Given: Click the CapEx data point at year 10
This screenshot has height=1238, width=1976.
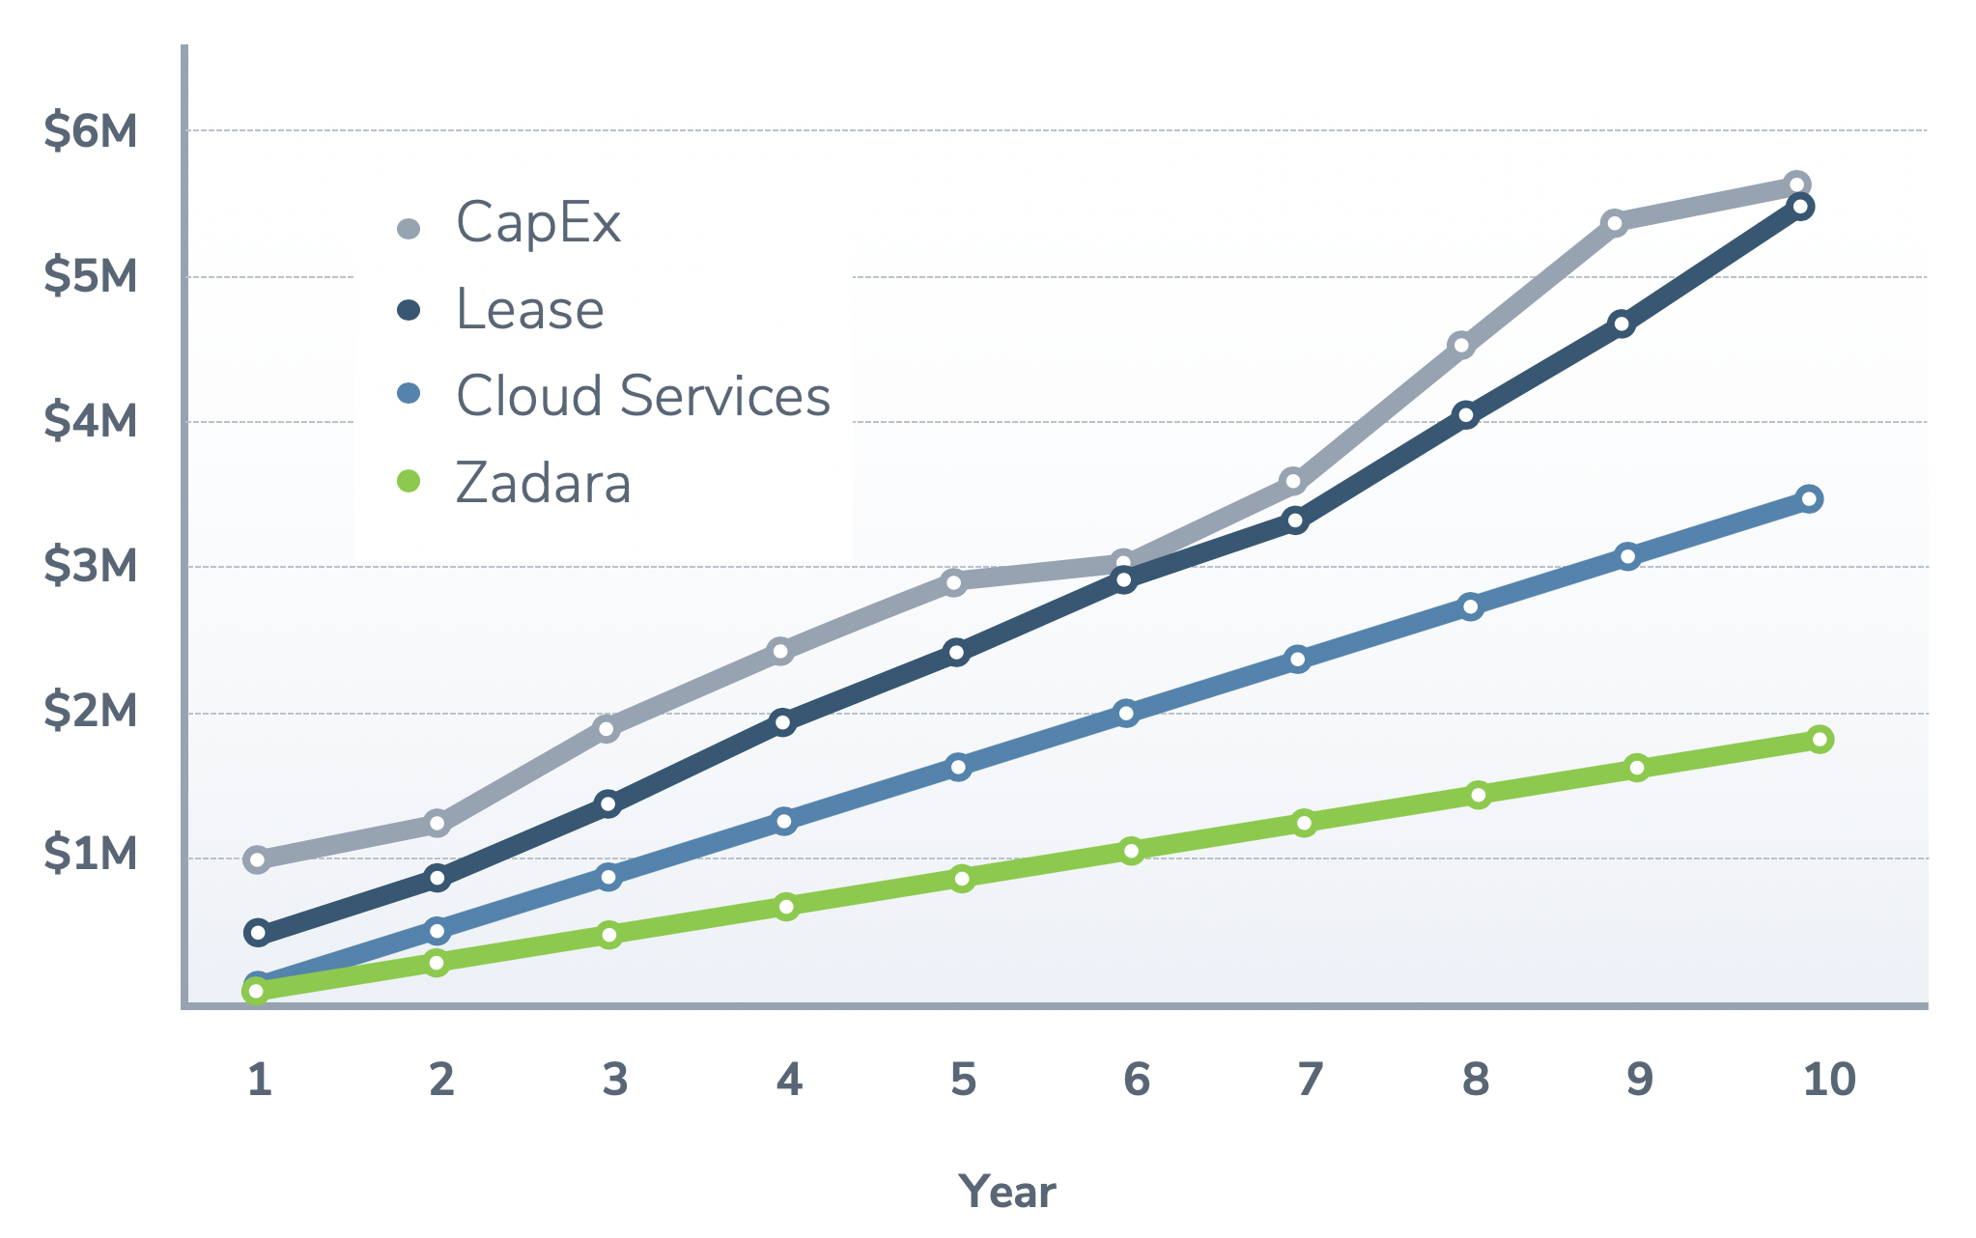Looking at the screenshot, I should coord(1796,184).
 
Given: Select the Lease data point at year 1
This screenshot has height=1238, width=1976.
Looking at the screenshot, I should coord(257,933).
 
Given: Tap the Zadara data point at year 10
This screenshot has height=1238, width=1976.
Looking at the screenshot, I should coord(1820,740).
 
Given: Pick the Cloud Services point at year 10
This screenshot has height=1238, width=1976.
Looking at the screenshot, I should coord(1810,499).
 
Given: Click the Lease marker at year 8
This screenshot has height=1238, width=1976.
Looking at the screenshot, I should coord(1466,416).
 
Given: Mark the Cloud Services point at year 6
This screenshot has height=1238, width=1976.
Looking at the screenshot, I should coord(1126,714).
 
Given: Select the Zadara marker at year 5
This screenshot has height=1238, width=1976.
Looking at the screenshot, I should coord(961,878).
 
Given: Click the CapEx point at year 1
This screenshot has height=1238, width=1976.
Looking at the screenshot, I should coord(257,859).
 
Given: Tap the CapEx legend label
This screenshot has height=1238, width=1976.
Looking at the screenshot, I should coord(538,223).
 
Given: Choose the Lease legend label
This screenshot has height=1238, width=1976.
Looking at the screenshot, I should coord(529,310).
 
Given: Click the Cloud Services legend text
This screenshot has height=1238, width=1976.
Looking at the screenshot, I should coord(642,396).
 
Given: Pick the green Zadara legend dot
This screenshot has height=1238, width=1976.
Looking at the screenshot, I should coord(409,481).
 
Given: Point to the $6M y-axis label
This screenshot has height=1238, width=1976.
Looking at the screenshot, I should coord(91,130).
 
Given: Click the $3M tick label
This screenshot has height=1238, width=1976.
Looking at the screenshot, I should coord(91,566).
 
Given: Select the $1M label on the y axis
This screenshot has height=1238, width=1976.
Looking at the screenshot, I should coord(91,855).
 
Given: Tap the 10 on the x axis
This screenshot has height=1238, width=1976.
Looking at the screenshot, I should coord(1828,1080).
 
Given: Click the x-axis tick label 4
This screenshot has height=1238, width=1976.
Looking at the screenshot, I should coord(789,1080).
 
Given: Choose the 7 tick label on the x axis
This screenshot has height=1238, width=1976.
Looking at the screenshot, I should coord(1310,1080).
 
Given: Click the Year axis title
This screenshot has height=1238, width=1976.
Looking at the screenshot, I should coord(1007,1192).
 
